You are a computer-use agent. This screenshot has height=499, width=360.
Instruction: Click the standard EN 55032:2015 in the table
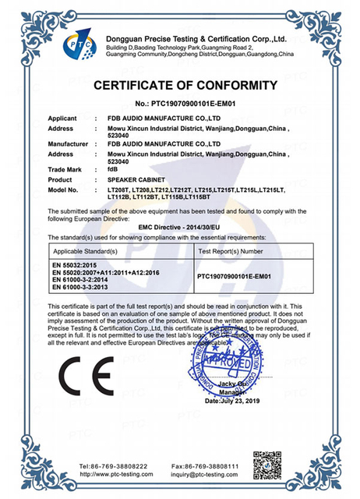tap(74, 266)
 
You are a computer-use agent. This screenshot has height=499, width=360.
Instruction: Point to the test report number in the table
tap(234, 276)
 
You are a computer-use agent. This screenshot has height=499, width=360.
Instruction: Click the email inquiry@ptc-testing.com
tap(216, 472)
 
